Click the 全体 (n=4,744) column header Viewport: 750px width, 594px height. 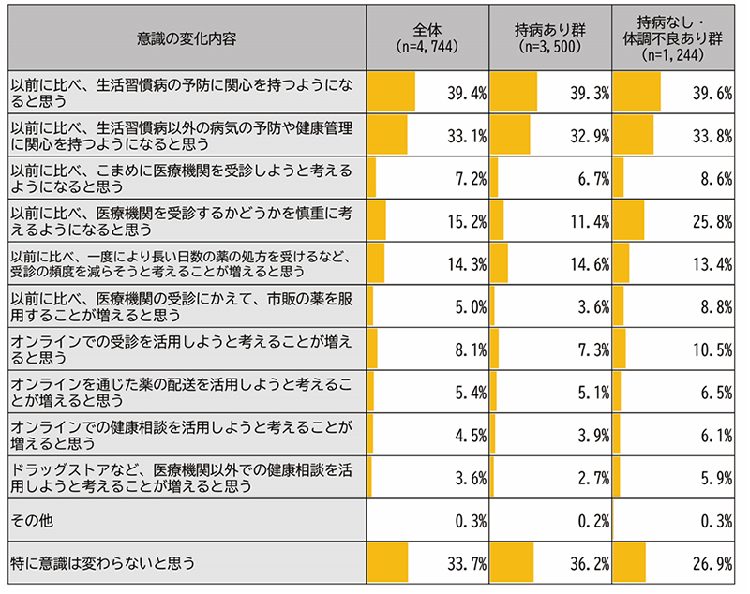[427, 37]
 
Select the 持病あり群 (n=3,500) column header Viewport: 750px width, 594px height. [548, 37]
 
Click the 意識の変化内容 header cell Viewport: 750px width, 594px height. [185, 37]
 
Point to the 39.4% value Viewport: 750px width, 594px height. [466, 93]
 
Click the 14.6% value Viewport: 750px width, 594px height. [588, 264]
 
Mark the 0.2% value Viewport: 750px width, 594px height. [592, 521]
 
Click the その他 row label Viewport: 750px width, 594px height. [32, 521]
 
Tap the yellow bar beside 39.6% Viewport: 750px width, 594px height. [636, 93]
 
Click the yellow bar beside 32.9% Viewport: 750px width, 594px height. [510, 136]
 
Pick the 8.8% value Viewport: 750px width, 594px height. [713, 307]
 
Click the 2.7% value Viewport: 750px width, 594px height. [592, 478]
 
